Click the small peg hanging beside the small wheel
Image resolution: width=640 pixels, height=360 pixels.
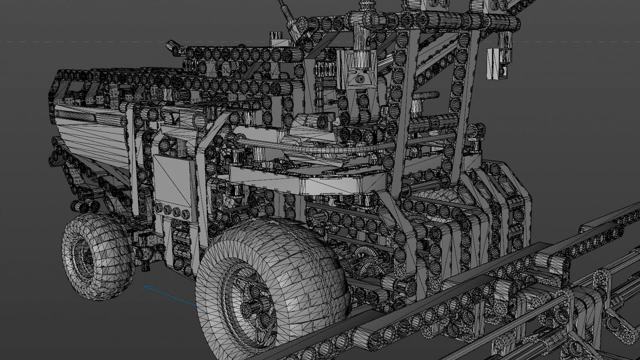coord(145,263)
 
